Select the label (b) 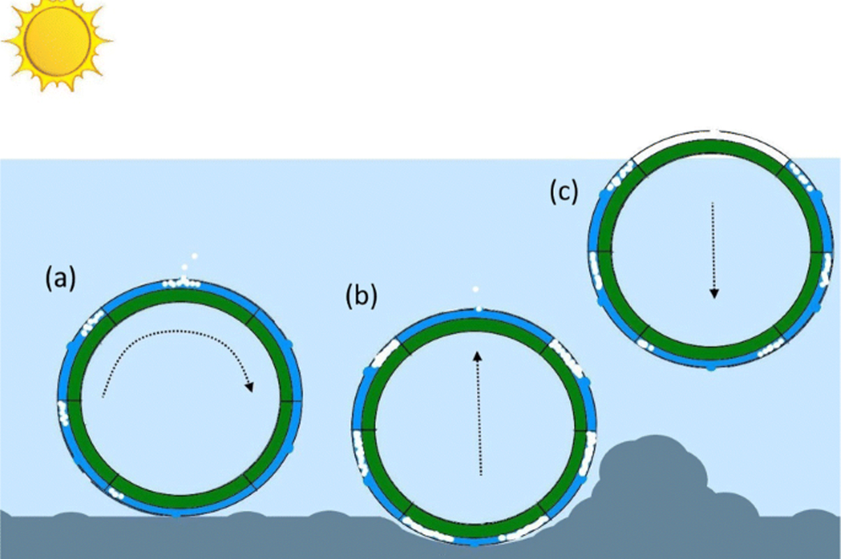click(x=361, y=297)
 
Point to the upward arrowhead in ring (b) click(x=478, y=356)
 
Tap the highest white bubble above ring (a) click(x=194, y=256)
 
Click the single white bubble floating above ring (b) click(x=476, y=289)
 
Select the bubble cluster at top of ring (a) click(x=182, y=283)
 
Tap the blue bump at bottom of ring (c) click(x=711, y=367)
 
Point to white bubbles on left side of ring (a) click(x=63, y=413)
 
